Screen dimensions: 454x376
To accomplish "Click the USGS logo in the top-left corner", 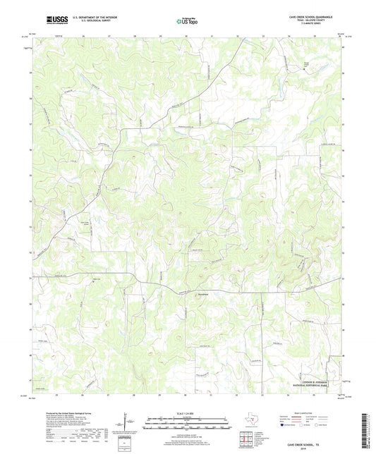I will coord(56,20).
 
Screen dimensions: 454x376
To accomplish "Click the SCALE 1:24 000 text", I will coord(188,413).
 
